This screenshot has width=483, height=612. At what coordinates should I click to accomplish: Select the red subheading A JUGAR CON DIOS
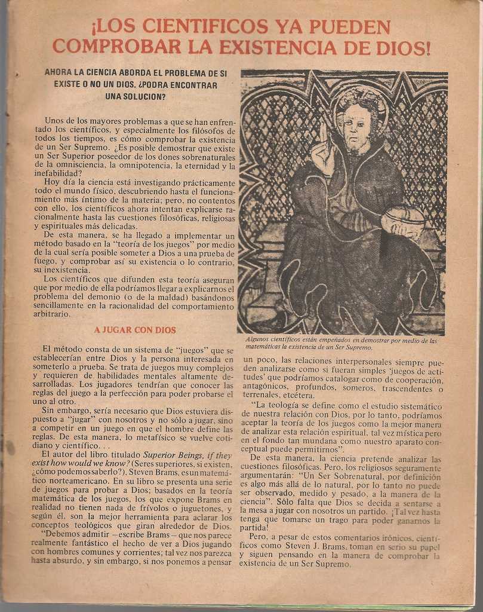click(135, 330)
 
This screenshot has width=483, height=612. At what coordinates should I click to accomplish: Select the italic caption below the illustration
click(341, 344)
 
